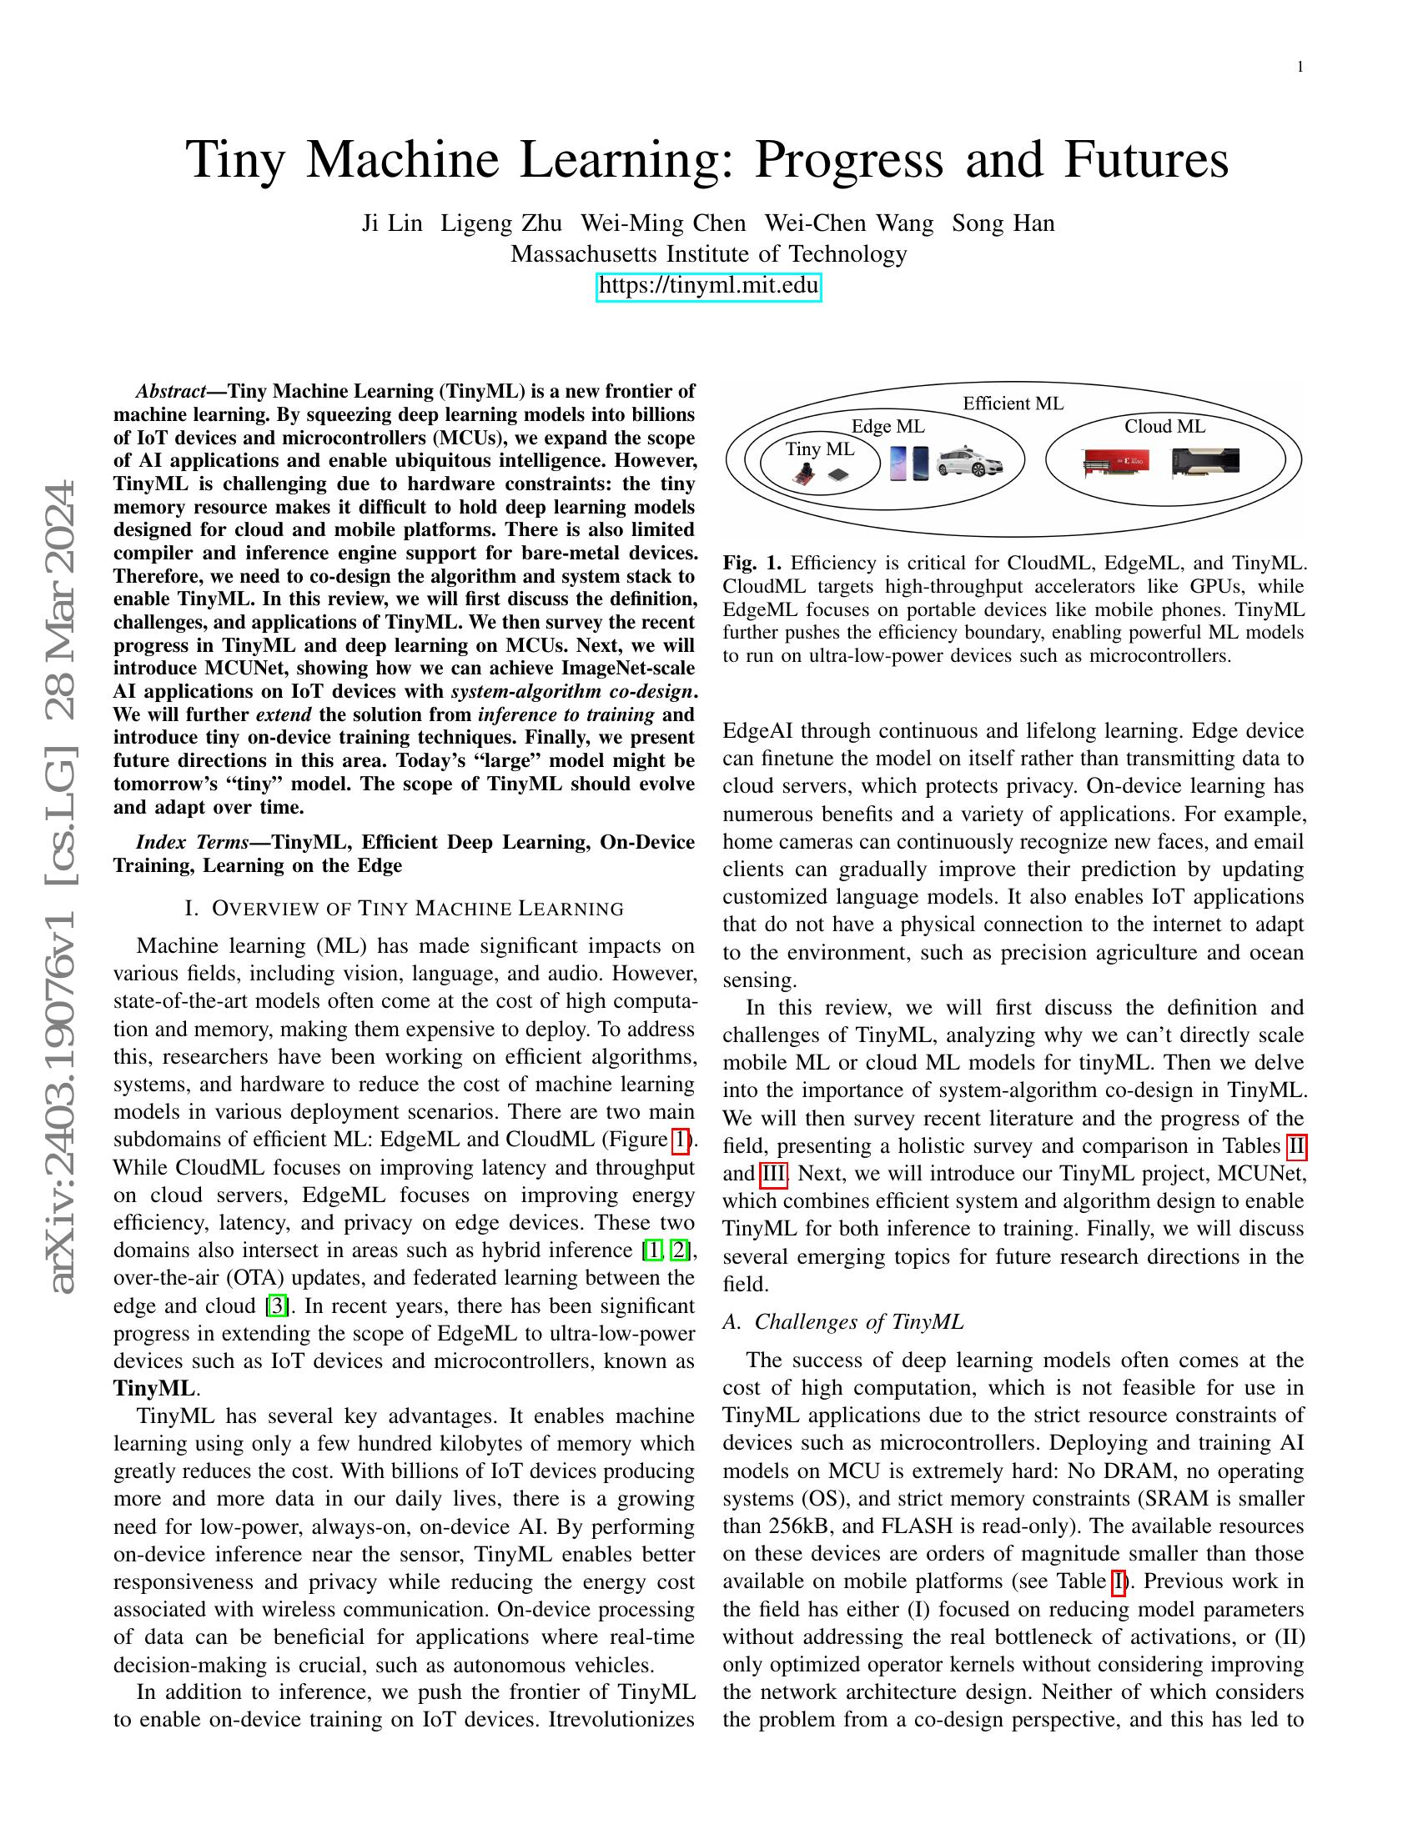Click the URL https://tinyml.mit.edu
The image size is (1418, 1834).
[708, 285]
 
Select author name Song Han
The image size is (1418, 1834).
[1003, 223]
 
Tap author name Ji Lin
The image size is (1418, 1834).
[391, 223]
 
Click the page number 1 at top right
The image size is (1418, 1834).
[1300, 68]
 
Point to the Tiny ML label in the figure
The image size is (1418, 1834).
[820, 448]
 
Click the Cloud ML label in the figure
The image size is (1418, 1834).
[1164, 427]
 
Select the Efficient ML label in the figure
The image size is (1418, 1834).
[1013, 403]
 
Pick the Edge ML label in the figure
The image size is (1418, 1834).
[888, 427]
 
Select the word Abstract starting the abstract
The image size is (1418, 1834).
[171, 391]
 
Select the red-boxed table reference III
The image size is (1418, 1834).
[773, 1173]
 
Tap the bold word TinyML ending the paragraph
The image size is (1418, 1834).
[153, 1388]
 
